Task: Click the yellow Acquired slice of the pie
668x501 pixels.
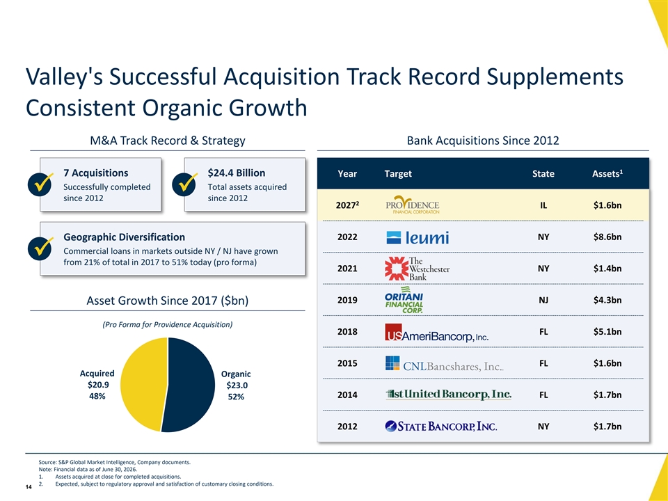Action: tap(143, 383)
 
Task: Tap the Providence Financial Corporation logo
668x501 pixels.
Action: tap(413, 205)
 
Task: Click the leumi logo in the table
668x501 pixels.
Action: tap(417, 237)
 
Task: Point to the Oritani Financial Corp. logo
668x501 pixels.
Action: tap(404, 300)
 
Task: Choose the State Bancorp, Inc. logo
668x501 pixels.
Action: tap(440, 426)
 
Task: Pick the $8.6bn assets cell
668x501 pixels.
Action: tap(607, 237)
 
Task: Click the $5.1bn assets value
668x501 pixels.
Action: tap(607, 331)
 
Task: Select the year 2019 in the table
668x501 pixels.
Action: tap(347, 300)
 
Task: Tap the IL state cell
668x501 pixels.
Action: tap(543, 205)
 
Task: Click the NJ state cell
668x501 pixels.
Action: tap(543, 300)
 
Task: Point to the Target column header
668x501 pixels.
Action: tap(398, 174)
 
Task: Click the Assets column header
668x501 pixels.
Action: tap(607, 173)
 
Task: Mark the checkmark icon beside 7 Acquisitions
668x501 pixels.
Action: tap(40, 184)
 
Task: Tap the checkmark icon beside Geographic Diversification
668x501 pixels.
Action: tap(40, 248)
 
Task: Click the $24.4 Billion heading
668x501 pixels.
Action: tap(237, 173)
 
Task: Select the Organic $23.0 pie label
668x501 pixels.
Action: tap(236, 385)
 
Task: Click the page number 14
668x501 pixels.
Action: tap(29, 487)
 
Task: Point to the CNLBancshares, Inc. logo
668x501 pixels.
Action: tap(445, 364)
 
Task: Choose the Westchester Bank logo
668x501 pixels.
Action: tap(417, 269)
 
